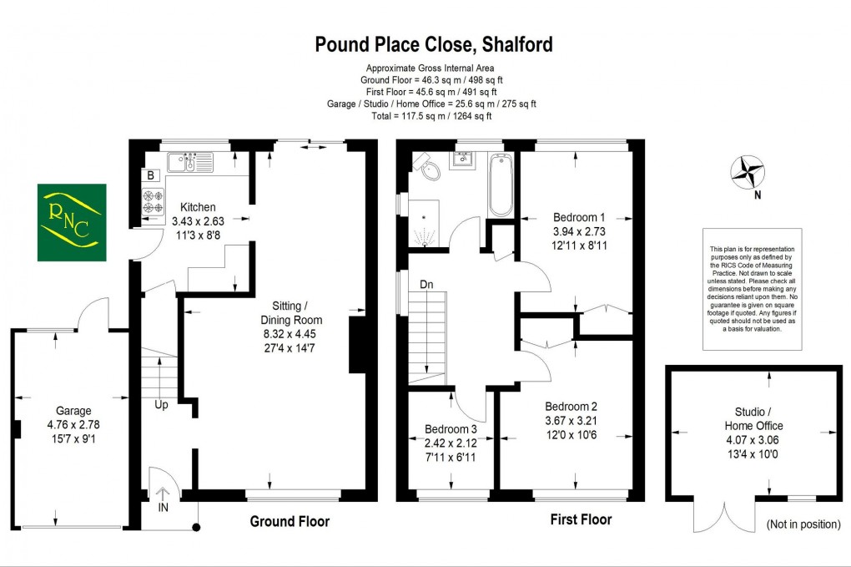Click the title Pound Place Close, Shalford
[433, 43]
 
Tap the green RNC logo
[70, 221]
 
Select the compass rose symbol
[748, 174]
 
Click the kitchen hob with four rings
[153, 201]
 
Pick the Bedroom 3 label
[457, 431]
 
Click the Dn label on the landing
[425, 285]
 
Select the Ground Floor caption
[290, 522]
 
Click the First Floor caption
[581, 519]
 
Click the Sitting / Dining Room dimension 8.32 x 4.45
[290, 334]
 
